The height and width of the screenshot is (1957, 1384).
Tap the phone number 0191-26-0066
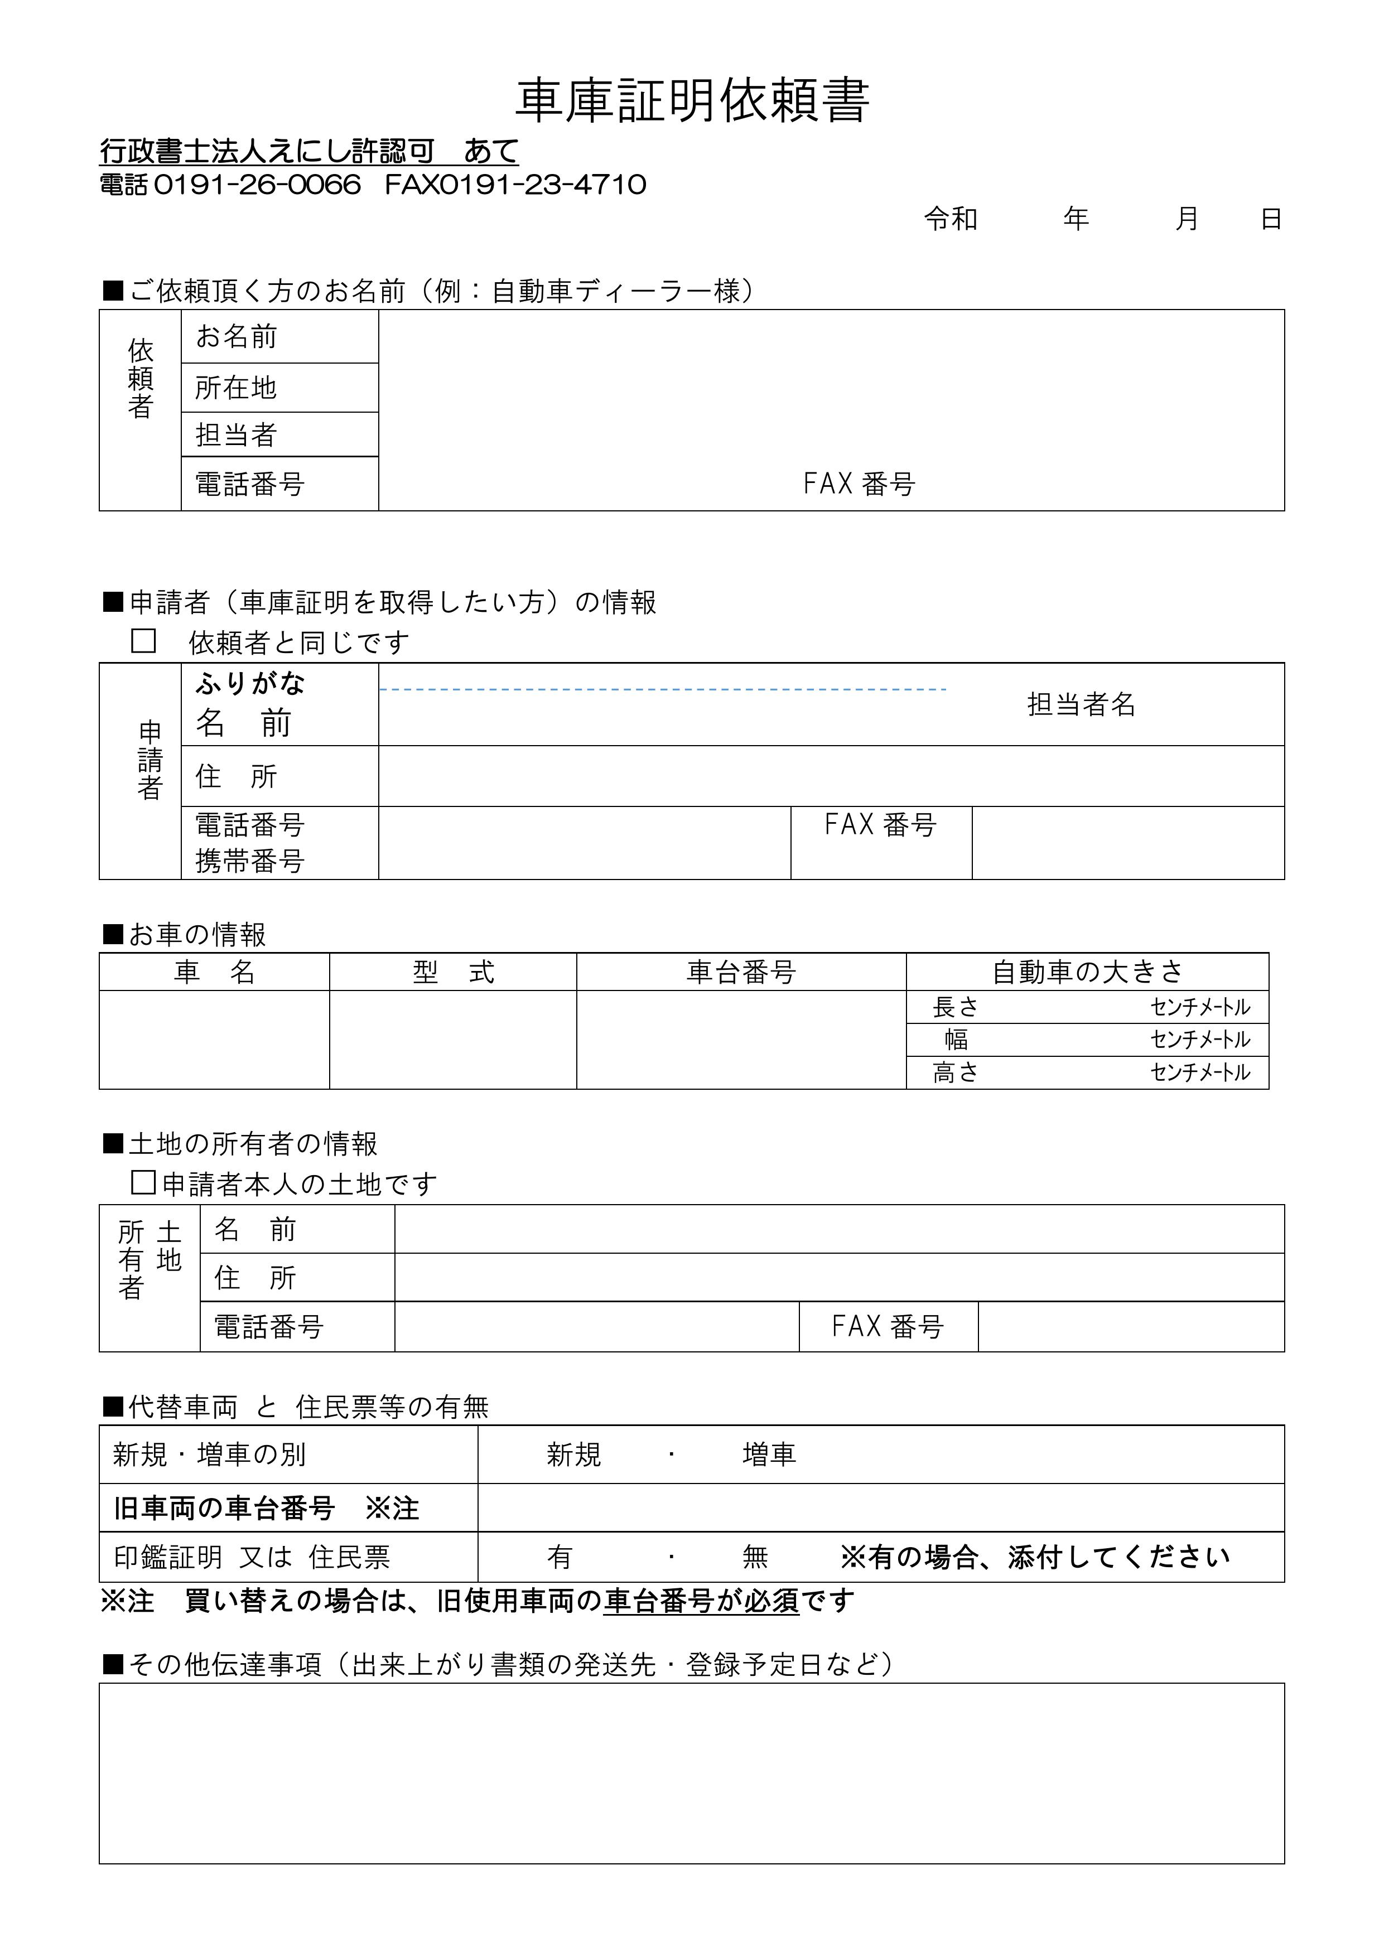point(258,185)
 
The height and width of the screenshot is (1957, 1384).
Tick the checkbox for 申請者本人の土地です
point(143,1182)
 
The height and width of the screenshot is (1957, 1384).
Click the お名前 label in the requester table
point(236,337)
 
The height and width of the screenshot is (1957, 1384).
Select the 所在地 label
point(236,388)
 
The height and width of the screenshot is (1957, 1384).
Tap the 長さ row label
point(955,1007)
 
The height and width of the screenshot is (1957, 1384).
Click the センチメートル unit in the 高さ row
point(1200,1072)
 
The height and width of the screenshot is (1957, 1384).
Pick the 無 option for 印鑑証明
point(755,1557)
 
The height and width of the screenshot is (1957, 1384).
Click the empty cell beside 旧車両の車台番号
point(880,1508)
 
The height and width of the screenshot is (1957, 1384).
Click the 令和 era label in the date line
point(951,219)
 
